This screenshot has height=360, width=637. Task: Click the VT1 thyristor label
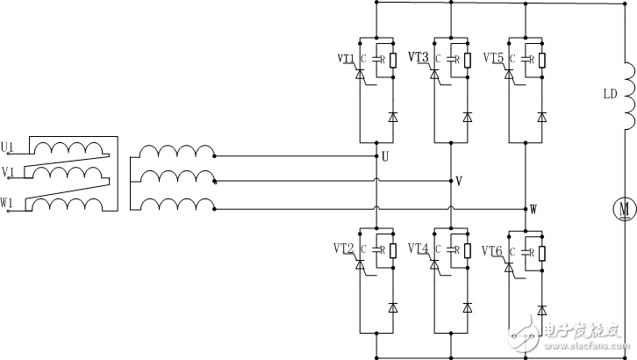tap(346, 60)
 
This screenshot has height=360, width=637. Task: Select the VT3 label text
tap(419, 58)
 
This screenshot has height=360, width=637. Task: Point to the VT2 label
tap(345, 249)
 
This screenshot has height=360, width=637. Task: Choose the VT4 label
tap(419, 249)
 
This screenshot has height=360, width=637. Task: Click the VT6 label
tap(494, 251)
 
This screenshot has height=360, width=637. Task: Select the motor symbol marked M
tap(624, 209)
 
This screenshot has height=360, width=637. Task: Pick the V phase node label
tap(458, 181)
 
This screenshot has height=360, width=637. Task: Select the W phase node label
tap(533, 209)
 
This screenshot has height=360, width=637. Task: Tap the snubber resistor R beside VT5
tap(541, 60)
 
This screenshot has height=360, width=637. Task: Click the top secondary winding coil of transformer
tap(178, 153)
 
